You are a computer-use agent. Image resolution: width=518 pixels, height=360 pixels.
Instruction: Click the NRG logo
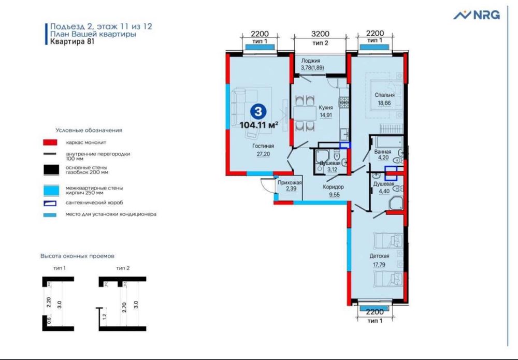(477, 15)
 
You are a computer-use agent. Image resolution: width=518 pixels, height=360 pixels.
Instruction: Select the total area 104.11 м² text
(259, 125)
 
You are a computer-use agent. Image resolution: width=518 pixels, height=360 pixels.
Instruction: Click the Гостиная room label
(263, 146)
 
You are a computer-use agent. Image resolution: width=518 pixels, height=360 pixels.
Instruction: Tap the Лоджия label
(311, 61)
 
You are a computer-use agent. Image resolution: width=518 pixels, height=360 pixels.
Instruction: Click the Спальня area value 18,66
(384, 104)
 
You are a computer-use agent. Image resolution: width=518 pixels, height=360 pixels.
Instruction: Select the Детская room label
(379, 256)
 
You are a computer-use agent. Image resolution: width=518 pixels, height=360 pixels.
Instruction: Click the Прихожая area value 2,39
(286, 189)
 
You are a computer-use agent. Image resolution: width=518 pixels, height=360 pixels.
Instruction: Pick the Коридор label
(333, 187)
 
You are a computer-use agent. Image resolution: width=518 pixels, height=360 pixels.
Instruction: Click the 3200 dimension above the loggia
(320, 35)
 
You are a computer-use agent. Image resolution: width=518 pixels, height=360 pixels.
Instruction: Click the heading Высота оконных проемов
(77, 256)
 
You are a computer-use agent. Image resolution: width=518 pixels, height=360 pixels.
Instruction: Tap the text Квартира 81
(72, 43)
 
